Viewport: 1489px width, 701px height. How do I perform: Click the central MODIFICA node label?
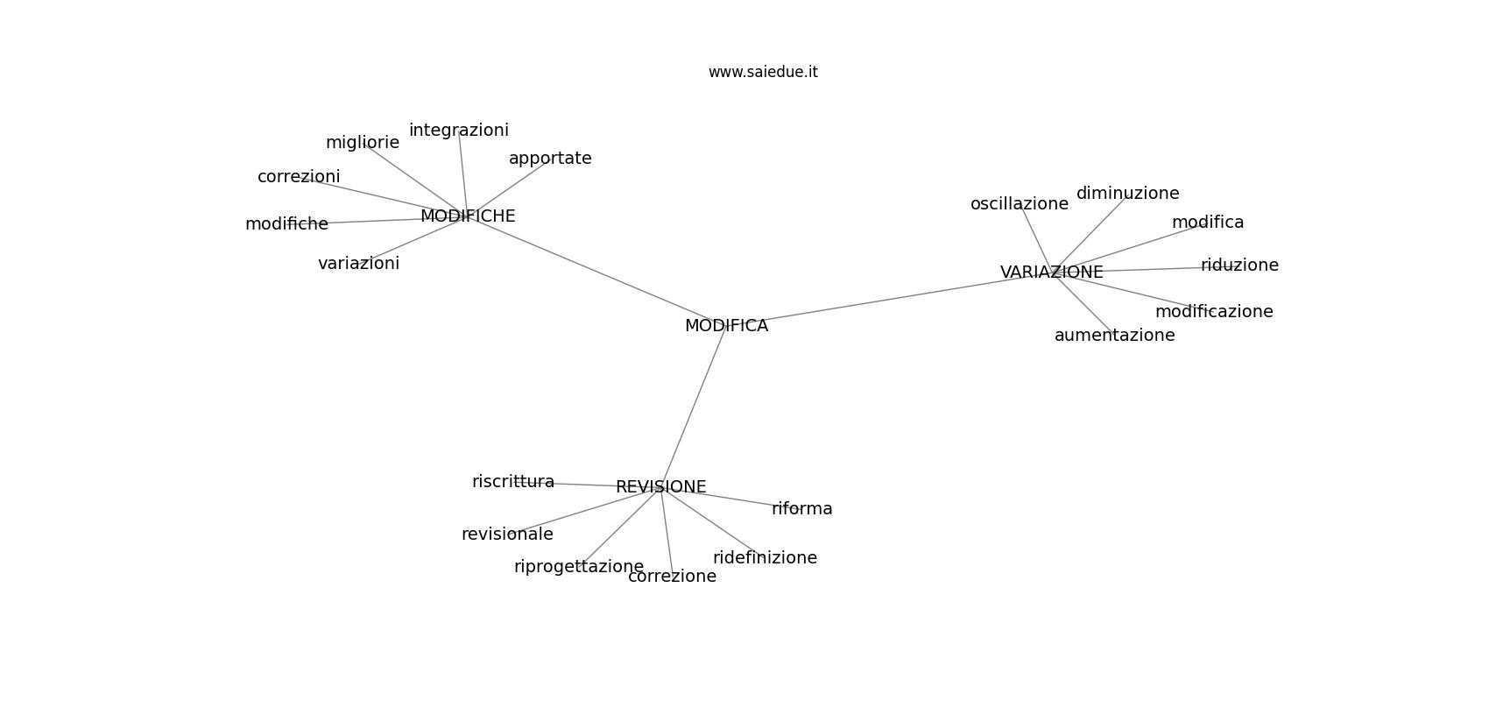click(726, 326)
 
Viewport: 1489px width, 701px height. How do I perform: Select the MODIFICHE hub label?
click(468, 216)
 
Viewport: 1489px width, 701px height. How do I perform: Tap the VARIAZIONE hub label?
click(1052, 272)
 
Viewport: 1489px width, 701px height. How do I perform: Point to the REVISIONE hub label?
click(660, 487)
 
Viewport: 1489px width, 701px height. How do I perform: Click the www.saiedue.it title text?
click(763, 72)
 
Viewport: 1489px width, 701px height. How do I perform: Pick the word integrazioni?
click(459, 131)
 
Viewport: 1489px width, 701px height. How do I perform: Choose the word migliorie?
click(363, 143)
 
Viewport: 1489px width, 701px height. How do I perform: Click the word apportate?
click(550, 159)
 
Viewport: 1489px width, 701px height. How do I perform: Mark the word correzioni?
click(299, 177)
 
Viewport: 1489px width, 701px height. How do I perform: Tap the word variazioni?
click(358, 264)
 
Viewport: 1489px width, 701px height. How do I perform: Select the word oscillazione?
click(1019, 204)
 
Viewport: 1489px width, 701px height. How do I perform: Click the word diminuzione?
click(1127, 194)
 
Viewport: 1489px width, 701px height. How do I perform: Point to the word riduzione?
click(1239, 266)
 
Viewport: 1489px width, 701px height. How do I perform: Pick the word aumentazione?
click(1114, 336)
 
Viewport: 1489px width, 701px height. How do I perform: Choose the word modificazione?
click(1214, 312)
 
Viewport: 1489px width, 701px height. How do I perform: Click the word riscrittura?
click(512, 482)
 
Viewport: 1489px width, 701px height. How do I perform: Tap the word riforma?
click(801, 509)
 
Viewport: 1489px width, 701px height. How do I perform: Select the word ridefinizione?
click(765, 557)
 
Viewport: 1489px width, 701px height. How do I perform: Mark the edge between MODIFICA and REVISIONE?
click(694, 407)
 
